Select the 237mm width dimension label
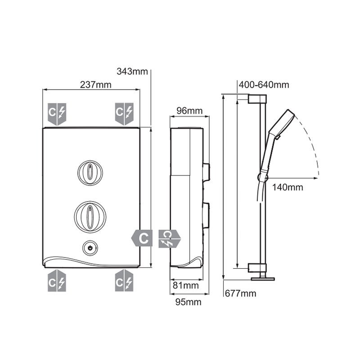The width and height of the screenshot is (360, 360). [x=95, y=85]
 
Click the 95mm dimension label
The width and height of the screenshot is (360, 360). [x=188, y=302]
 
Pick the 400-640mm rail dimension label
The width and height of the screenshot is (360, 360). [x=264, y=85]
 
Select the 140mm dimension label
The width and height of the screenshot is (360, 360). [x=288, y=187]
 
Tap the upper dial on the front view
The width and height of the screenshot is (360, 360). [x=91, y=172]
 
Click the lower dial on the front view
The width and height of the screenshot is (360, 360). [x=91, y=214]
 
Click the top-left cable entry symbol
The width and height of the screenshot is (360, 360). [x=57, y=114]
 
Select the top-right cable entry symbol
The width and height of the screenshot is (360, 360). [x=124, y=114]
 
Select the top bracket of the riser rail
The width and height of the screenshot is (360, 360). [x=257, y=98]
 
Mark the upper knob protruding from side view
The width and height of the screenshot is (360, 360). [x=207, y=171]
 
